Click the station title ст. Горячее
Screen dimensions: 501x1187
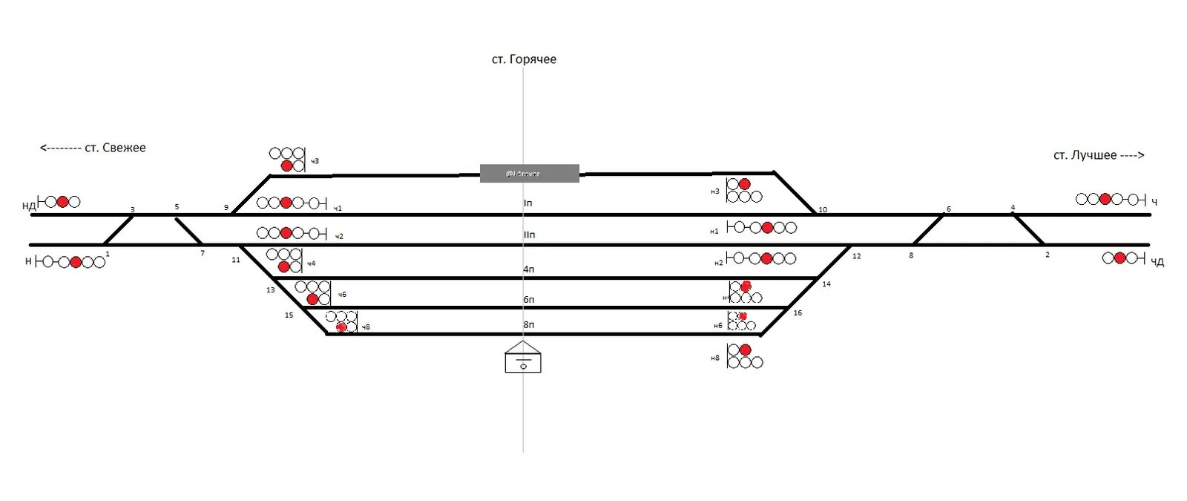click(x=524, y=59)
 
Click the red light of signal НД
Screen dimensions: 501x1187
click(x=62, y=201)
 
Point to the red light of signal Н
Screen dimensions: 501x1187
click(x=75, y=262)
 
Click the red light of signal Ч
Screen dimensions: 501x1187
click(x=1105, y=199)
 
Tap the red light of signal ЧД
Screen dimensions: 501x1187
click(x=1120, y=258)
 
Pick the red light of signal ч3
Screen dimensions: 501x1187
click(x=286, y=166)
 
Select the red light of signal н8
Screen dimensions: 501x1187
click(x=745, y=350)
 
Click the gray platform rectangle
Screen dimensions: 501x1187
click(x=529, y=174)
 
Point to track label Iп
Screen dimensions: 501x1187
click(x=528, y=203)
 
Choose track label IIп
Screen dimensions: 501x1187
click(x=529, y=235)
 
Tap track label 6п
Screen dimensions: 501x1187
click(x=528, y=300)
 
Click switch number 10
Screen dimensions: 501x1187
click(x=823, y=209)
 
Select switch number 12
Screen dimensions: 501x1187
click(x=856, y=256)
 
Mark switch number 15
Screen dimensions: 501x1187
click(x=289, y=315)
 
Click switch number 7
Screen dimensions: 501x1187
click(x=202, y=254)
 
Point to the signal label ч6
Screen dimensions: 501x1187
click(x=342, y=295)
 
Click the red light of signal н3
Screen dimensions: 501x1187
click(x=744, y=184)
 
